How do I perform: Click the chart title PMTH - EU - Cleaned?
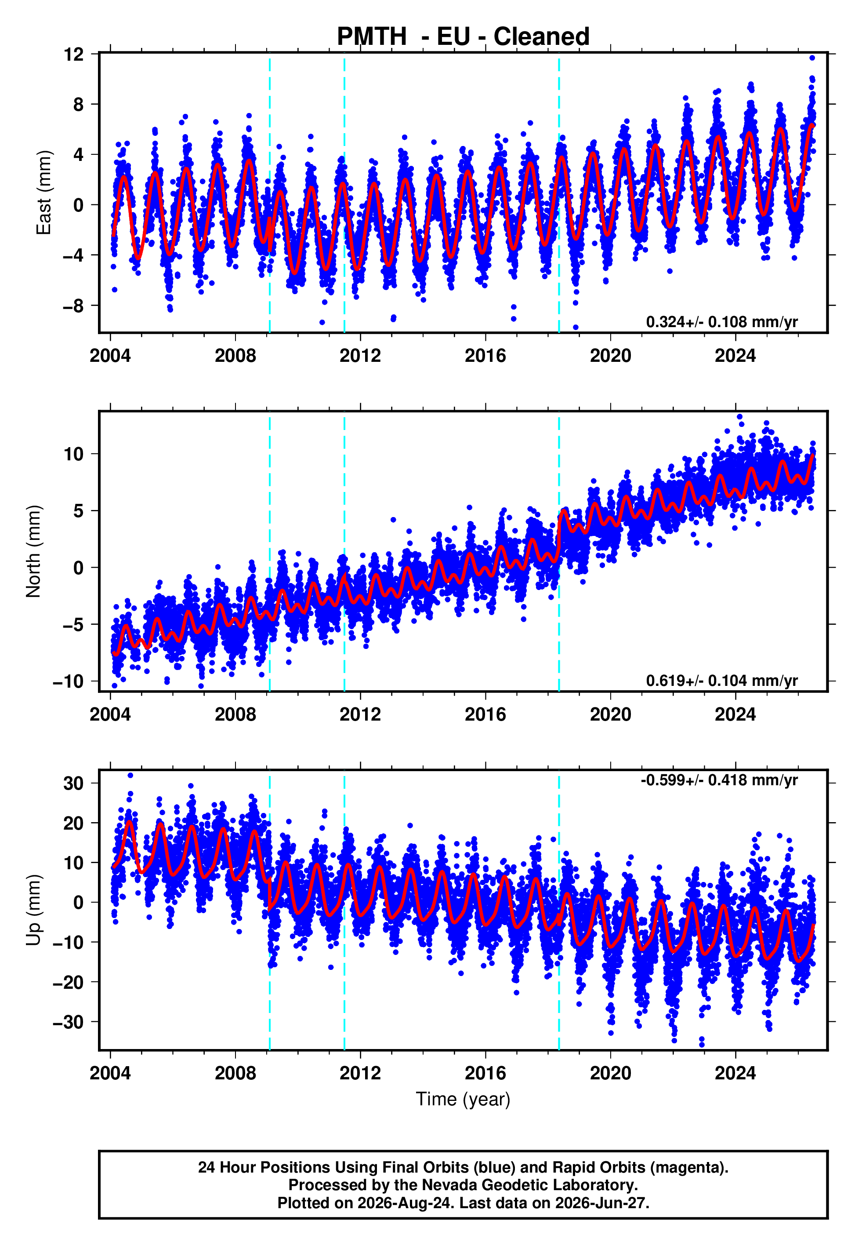click(463, 36)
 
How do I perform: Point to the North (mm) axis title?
click(33, 551)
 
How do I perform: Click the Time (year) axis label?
click(463, 1099)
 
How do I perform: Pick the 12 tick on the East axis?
click(73, 54)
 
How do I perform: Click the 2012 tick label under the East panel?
click(360, 356)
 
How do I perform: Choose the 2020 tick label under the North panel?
click(610, 714)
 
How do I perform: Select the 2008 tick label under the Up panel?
click(235, 1073)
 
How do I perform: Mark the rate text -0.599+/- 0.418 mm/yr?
click(719, 780)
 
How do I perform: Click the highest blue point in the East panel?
click(812, 58)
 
